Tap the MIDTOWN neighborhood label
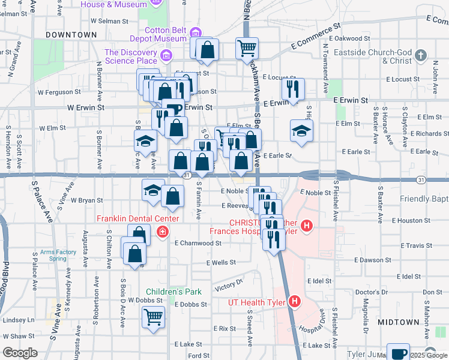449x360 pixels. point(399,322)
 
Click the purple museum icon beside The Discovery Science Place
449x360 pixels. point(166,56)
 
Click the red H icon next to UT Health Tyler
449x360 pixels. point(294,302)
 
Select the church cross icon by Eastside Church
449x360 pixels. point(421,56)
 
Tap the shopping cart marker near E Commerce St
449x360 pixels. point(247,48)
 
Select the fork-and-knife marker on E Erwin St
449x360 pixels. point(293,90)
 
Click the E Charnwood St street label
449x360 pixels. point(198,244)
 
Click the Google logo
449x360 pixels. point(20,353)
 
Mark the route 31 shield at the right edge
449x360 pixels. point(421,179)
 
